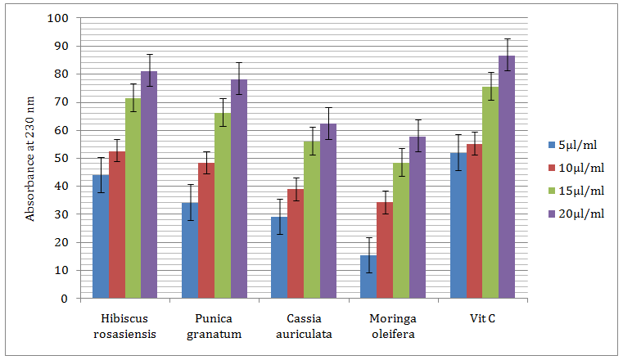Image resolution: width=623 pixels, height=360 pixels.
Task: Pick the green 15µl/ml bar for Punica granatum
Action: pyautogui.click(x=223, y=205)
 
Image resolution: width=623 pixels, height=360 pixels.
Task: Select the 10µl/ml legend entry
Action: pyautogui.click(x=580, y=168)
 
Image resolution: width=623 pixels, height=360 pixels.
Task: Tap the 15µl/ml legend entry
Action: pyautogui.click(x=580, y=191)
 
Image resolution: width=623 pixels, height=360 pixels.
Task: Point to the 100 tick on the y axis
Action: pyautogui.click(x=57, y=18)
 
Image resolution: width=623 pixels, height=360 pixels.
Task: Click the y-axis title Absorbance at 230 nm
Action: pyautogui.click(x=31, y=158)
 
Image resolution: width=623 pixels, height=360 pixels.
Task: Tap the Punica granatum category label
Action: pyautogui.click(x=214, y=326)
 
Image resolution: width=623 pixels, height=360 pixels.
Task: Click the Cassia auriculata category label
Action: pyautogui.click(x=304, y=326)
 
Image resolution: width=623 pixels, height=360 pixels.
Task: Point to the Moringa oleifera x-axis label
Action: pyautogui.click(x=393, y=326)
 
